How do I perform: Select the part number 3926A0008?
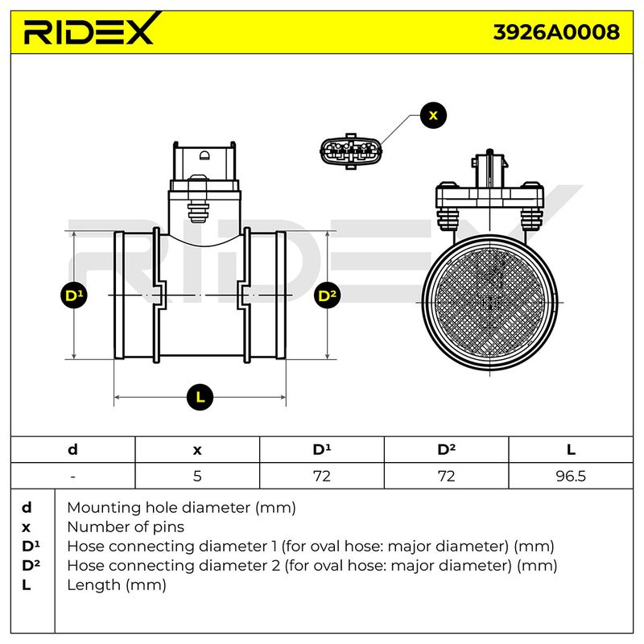556,32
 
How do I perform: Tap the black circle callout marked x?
433,115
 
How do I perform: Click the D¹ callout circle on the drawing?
74,295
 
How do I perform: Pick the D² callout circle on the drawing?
328,295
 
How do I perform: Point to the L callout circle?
200,397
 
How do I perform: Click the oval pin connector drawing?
351,151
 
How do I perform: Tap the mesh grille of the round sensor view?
489,303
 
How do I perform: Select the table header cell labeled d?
72,450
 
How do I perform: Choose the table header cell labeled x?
197,450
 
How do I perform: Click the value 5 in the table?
197,476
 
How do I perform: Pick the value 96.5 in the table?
571,476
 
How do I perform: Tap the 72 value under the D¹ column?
321,476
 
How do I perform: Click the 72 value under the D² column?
446,476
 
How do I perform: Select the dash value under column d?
72,477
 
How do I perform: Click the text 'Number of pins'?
126,527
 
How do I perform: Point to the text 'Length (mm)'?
117,585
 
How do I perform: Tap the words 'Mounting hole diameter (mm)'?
182,508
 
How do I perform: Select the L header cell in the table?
571,450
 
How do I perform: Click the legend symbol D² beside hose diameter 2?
31,565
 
